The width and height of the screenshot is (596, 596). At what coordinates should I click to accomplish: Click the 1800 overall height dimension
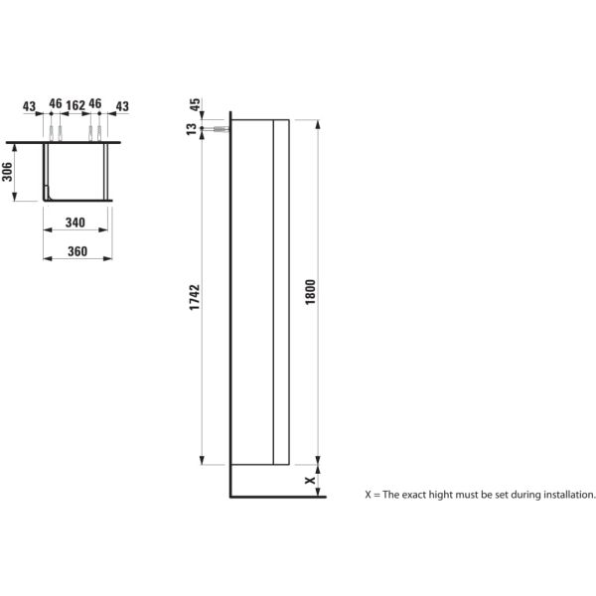point(310,292)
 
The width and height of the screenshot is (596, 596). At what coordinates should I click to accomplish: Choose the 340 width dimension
point(74,223)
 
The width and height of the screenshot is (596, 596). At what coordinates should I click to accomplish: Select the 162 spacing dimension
point(74,104)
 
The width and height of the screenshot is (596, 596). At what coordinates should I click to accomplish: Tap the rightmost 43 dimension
point(122,104)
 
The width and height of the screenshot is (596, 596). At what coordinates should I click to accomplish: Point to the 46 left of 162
point(55,104)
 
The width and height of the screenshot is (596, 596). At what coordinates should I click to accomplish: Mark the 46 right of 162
point(96,104)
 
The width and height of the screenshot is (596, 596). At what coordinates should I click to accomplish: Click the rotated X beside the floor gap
point(310,480)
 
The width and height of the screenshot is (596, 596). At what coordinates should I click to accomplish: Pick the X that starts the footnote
point(369,494)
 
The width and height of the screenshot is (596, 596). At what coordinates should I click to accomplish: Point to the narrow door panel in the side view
point(281,292)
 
